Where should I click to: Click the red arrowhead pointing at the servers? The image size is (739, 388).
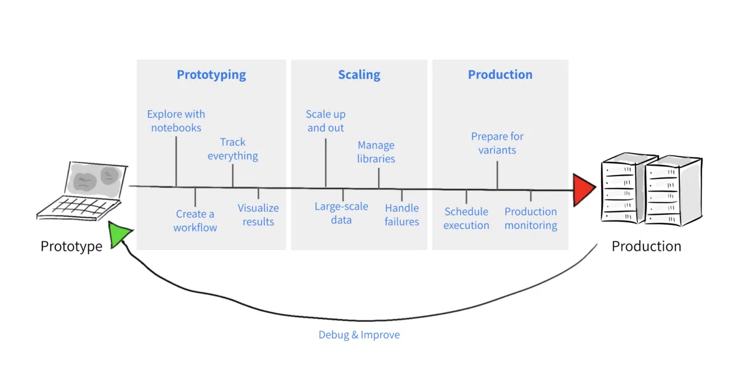pos(583,190)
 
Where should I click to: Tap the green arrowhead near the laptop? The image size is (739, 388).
pos(119,234)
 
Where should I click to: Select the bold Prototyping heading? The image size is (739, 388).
pos(211,75)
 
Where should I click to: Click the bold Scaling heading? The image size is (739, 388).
pos(359,75)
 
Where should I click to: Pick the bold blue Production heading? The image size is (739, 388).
pos(500,75)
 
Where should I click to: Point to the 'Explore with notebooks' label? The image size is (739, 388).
pos(176,121)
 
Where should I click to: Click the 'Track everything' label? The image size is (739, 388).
pos(233,149)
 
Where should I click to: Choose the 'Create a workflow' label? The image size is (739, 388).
pos(195,220)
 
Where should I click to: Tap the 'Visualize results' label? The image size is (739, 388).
pos(258,214)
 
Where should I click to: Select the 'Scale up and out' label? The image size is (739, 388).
pos(326,121)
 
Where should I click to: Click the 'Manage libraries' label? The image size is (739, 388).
pos(376,152)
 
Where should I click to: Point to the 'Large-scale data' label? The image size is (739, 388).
pos(341,213)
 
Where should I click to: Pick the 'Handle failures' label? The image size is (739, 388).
pos(402,214)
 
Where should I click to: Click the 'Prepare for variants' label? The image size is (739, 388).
pos(497,143)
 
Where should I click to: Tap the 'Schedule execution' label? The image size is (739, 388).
pos(466,218)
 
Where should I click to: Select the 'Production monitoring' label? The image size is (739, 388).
pos(531,218)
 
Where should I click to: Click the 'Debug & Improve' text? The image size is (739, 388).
pos(359,334)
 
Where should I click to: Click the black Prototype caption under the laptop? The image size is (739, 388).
pos(71,246)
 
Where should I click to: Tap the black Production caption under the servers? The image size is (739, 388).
pos(646,246)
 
